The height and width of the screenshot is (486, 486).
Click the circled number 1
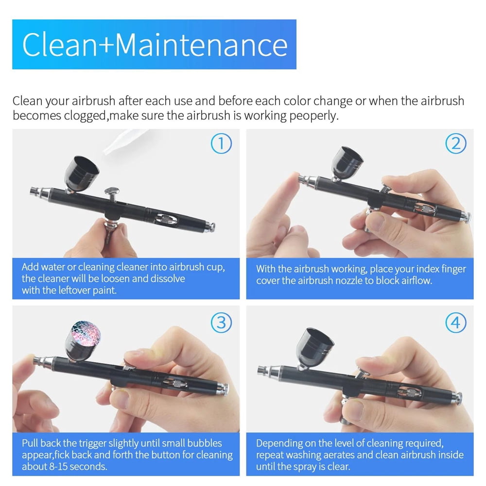coord(221,143)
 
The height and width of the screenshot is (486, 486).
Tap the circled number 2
coord(456,143)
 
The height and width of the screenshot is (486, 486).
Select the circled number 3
coord(221,323)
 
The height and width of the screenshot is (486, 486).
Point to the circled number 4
coord(456,323)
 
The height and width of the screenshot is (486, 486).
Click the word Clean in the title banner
coord(59,45)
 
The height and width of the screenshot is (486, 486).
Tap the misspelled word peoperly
coord(313,116)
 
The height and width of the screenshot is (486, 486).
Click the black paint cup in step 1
coord(81,174)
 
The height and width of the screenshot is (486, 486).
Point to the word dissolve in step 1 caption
coord(168,278)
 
